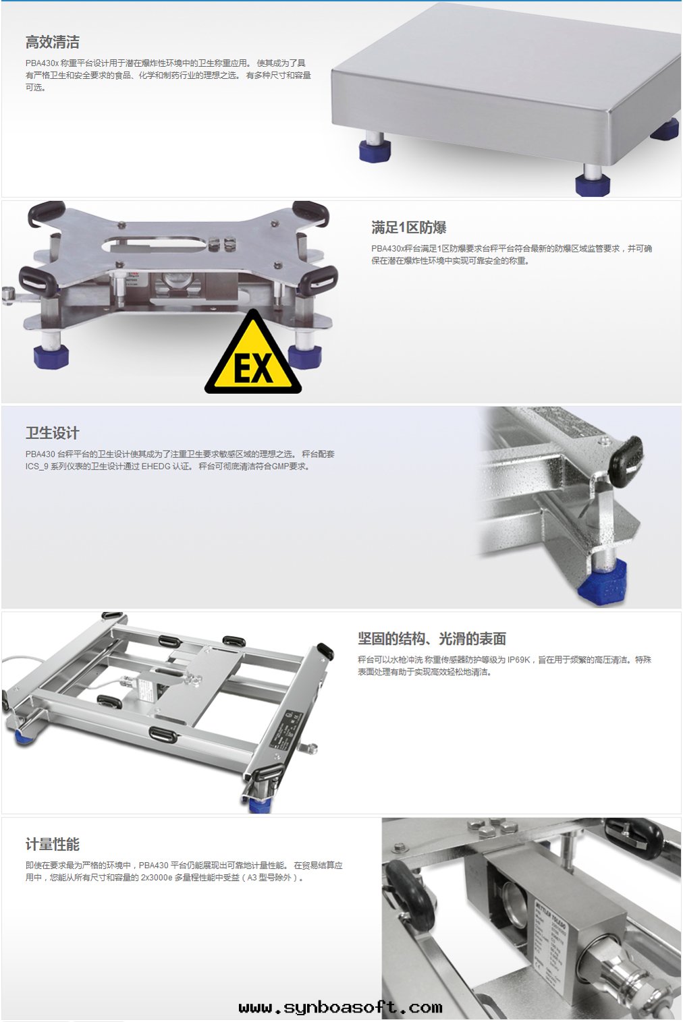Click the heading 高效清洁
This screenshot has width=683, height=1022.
pyautogui.click(x=53, y=42)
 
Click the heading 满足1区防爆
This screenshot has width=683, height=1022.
pyautogui.click(x=408, y=227)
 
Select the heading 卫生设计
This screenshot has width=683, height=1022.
pyautogui.click(x=53, y=433)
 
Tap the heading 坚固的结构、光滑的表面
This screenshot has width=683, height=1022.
pyautogui.click(x=432, y=639)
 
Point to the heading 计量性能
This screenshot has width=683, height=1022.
pyautogui.click(x=53, y=844)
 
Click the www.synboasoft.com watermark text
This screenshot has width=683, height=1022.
pyautogui.click(x=340, y=1007)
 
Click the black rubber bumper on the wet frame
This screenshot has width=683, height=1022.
pyautogui.click(x=626, y=456)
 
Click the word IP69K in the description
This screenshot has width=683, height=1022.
pyautogui.click(x=518, y=660)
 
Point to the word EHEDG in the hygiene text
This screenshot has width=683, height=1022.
pyautogui.click(x=158, y=466)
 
